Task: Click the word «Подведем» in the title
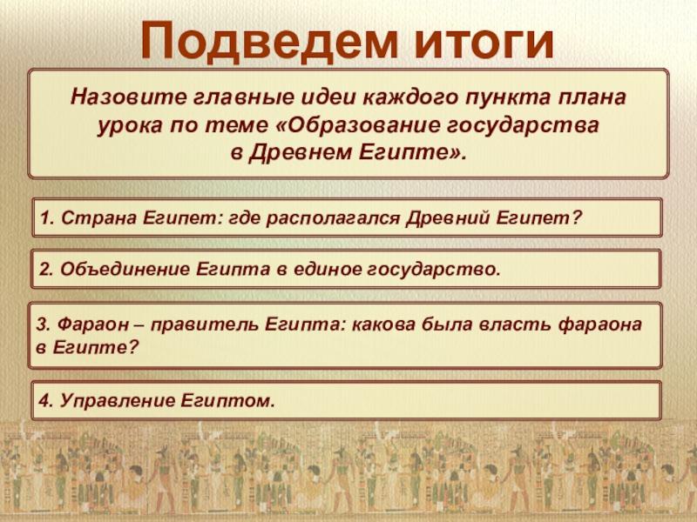[x=269, y=41]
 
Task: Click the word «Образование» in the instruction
[x=360, y=124]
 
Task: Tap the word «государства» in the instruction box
[x=521, y=126]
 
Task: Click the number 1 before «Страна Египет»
[x=44, y=218]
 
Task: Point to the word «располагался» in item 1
[x=334, y=218]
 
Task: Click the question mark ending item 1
[x=577, y=218]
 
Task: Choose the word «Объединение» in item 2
[x=125, y=269]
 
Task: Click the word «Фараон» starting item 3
[x=92, y=325]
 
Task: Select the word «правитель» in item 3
[x=205, y=325]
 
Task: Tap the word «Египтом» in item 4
[x=227, y=401]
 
